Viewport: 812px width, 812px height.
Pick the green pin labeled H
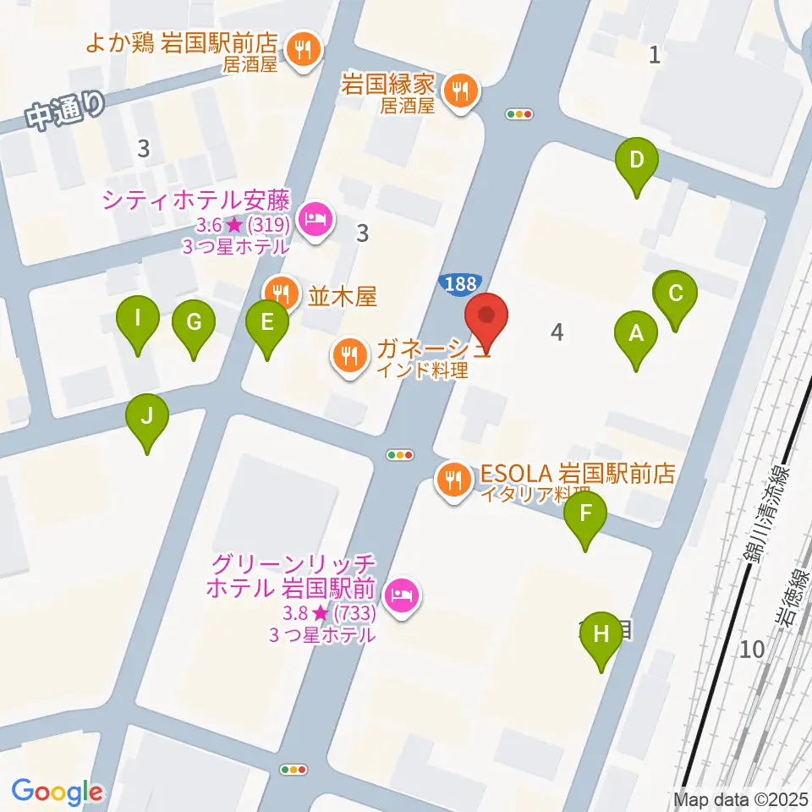pyautogui.click(x=601, y=634)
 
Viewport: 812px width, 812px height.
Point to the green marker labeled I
pyautogui.click(x=138, y=321)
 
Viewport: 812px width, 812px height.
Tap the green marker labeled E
pyautogui.click(x=267, y=323)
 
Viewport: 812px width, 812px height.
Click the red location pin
pyautogui.click(x=486, y=316)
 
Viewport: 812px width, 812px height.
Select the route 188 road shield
pyautogui.click(x=460, y=284)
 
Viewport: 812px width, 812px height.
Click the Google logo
pyautogui.click(x=58, y=791)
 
